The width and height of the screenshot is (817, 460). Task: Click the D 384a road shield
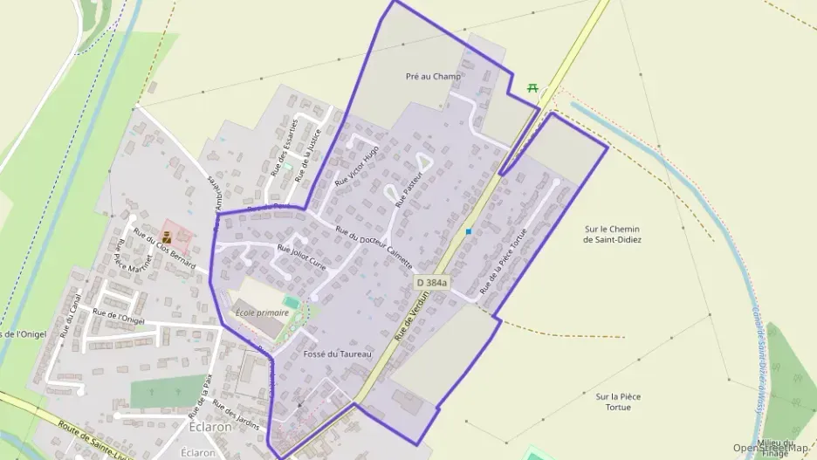pyautogui.click(x=431, y=283)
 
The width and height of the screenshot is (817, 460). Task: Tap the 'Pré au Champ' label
pyautogui.click(x=433, y=77)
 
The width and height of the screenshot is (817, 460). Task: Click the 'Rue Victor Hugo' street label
pyautogui.click(x=357, y=165)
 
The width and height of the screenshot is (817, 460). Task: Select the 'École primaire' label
pyautogui.click(x=261, y=312)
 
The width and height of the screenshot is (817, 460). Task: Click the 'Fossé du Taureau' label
pyautogui.click(x=337, y=354)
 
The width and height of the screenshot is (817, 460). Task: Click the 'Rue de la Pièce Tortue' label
pyautogui.click(x=504, y=264)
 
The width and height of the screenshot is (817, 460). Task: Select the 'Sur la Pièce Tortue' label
pyautogui.click(x=618, y=402)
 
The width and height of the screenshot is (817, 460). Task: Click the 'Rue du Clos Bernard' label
pyautogui.click(x=164, y=248)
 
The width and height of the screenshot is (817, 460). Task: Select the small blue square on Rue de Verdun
pyautogui.click(x=469, y=231)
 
